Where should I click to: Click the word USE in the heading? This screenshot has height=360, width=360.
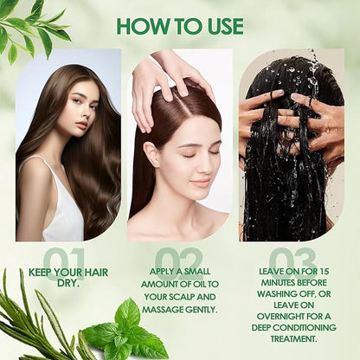pyautogui.click(x=222, y=27)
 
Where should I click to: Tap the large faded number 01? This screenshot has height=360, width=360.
pyautogui.click(x=65, y=264)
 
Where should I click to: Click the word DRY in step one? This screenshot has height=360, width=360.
pyautogui.click(x=68, y=283)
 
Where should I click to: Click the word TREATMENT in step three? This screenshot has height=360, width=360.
pyautogui.click(x=293, y=338)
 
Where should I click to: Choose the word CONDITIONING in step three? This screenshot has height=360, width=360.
pyautogui.click(x=305, y=328)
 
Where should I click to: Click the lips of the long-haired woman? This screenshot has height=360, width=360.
pyautogui.click(x=82, y=125)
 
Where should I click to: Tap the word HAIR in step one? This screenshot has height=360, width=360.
pyautogui.click(x=95, y=273)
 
